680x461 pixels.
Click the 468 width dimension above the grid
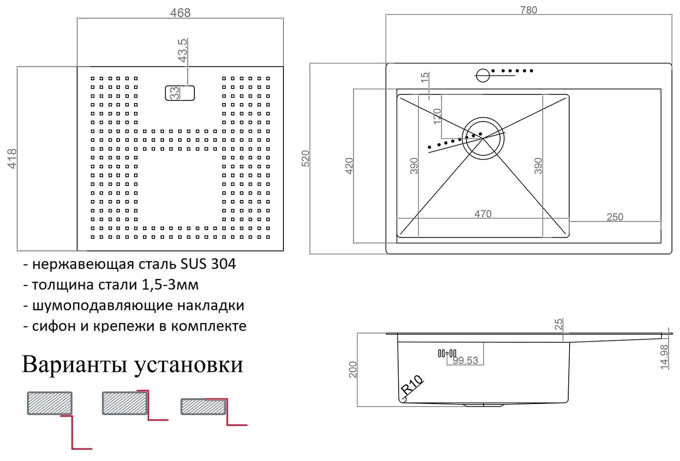(180, 13)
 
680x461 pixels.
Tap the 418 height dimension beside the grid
(12, 158)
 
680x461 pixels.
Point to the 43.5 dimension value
(182, 50)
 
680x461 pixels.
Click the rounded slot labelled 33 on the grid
(180, 93)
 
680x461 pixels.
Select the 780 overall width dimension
(528, 10)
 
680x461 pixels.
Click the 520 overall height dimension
(305, 159)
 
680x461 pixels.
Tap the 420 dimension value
(349, 166)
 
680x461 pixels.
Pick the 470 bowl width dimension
(483, 214)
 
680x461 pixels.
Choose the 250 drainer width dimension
(614, 217)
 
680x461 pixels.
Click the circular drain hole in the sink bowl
(483, 138)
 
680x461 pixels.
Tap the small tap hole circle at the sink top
(483, 75)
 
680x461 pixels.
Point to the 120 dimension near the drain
(437, 116)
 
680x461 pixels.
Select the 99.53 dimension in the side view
(465, 361)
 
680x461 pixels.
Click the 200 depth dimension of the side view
(353, 370)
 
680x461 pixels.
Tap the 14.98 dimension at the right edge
(664, 356)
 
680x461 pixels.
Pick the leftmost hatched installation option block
(50, 403)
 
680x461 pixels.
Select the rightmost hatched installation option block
(203, 407)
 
